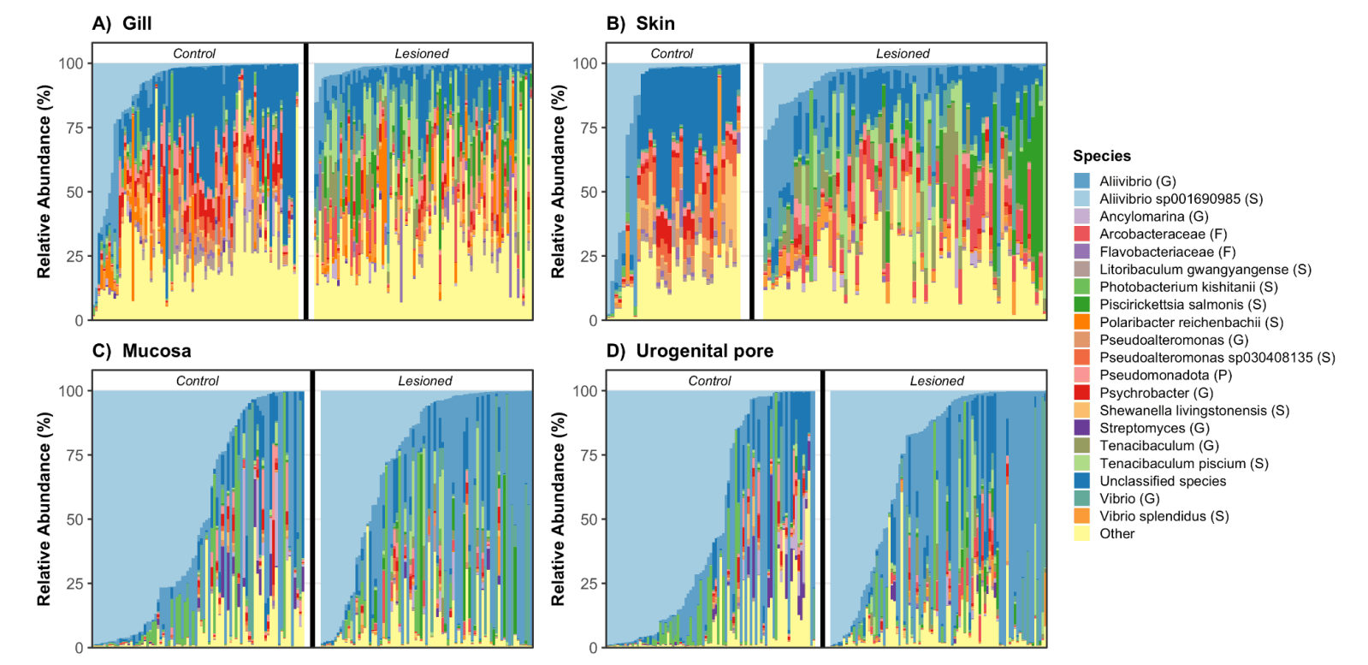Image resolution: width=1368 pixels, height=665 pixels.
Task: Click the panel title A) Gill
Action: point(122,23)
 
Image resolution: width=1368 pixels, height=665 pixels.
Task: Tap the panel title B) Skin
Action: point(640,23)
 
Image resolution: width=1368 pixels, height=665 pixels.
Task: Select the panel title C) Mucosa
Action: point(141,351)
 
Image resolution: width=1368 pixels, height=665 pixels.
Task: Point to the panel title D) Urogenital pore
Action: point(690,351)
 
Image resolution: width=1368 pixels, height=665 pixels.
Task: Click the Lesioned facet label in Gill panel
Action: point(421,53)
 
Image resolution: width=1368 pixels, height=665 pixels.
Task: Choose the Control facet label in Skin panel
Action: point(672,53)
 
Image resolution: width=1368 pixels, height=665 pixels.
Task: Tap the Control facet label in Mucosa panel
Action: point(198,381)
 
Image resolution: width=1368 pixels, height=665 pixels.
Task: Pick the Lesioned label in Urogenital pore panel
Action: point(936,381)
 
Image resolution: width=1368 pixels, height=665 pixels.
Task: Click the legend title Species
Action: point(1102,156)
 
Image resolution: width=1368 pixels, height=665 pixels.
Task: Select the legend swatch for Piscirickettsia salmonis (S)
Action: point(1082,305)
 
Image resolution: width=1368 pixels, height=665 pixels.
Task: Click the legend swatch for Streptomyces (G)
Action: point(1082,428)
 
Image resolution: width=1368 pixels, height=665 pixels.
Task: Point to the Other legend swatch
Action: point(1082,534)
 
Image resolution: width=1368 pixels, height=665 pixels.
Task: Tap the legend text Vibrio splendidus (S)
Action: point(1164,516)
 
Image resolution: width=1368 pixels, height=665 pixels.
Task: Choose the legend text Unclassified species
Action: point(1163,481)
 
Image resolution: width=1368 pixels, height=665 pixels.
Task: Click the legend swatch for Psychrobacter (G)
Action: point(1082,393)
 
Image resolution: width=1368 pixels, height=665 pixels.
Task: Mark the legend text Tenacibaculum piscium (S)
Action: point(1183,463)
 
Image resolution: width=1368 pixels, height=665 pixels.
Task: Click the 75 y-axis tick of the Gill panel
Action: point(74,128)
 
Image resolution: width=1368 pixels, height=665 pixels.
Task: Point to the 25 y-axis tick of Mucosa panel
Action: point(74,584)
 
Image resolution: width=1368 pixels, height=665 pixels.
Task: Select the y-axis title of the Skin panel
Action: point(558,181)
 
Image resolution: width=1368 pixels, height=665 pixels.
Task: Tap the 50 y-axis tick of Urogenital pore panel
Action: point(588,520)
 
